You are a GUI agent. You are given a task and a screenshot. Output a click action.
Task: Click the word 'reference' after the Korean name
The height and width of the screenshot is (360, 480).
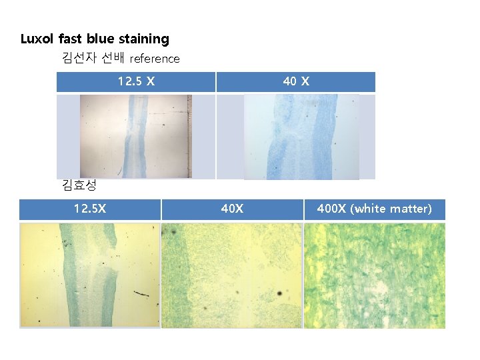click(155, 59)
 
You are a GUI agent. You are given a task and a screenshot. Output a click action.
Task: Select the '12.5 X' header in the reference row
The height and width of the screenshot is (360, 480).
click(136, 82)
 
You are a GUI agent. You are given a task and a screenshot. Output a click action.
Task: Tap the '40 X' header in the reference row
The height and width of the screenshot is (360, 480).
click(295, 82)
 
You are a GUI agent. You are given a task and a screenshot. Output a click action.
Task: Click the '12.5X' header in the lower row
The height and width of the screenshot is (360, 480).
click(89, 209)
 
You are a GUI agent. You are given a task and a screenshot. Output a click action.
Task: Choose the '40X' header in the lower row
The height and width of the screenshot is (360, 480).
click(232, 209)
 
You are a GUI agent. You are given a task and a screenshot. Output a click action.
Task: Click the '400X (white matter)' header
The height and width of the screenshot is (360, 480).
click(374, 209)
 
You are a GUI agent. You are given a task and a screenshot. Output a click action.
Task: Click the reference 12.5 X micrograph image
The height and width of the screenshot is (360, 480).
click(135, 136)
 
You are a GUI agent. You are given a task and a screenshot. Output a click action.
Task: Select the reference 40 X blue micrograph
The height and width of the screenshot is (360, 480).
click(301, 136)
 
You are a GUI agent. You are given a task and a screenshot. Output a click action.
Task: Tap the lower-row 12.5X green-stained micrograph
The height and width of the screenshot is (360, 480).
click(90, 275)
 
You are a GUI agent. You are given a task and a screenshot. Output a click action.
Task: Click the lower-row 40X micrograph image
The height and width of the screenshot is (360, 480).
click(232, 275)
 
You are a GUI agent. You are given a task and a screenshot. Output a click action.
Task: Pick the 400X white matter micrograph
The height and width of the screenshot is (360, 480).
click(374, 275)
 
